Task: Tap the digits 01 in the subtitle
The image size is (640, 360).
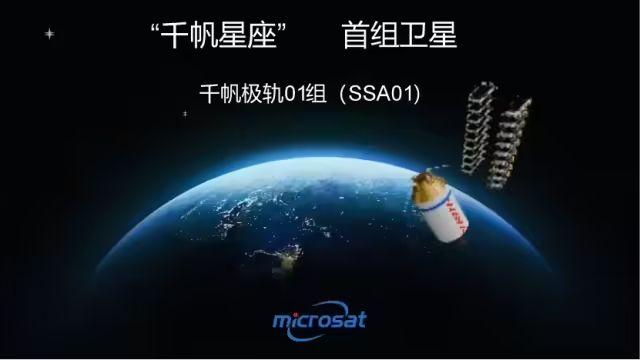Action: click(x=295, y=94)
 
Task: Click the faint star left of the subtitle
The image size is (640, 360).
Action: click(x=184, y=113)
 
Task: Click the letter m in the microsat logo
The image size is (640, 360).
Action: click(x=282, y=322)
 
